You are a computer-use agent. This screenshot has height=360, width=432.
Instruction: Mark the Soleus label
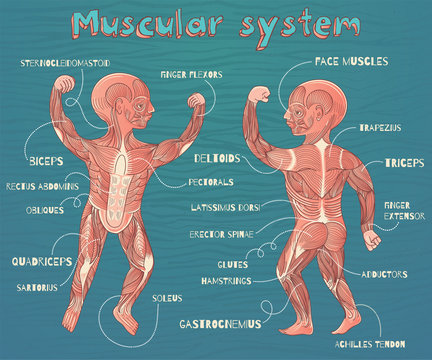click(166, 298)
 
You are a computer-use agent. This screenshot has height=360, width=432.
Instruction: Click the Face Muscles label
click(350, 62)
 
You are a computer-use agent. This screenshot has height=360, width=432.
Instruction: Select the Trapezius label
click(381, 129)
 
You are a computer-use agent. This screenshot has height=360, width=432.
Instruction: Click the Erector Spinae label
click(222, 234)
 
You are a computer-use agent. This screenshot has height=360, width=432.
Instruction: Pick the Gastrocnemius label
click(220, 324)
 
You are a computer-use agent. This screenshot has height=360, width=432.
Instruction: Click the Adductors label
click(383, 273)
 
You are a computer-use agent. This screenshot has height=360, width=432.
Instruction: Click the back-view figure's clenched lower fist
click(372, 240)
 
